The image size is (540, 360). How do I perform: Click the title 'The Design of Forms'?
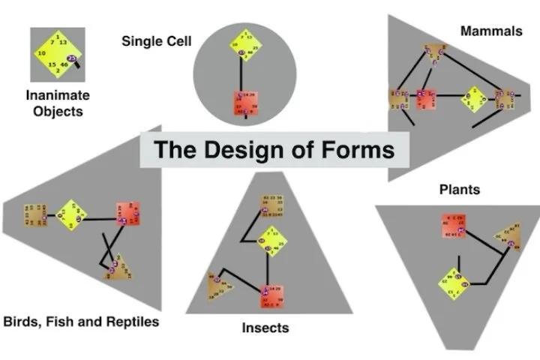click(274, 149)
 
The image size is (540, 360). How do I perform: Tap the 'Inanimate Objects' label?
click(58, 103)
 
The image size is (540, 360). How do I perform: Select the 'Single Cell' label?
click(152, 40)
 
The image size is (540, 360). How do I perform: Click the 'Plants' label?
click(459, 190)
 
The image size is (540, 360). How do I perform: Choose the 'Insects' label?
click(265, 328)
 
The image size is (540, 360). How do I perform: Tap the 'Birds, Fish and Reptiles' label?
click(81, 322)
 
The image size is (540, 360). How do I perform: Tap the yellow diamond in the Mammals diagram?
click(474, 96)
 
